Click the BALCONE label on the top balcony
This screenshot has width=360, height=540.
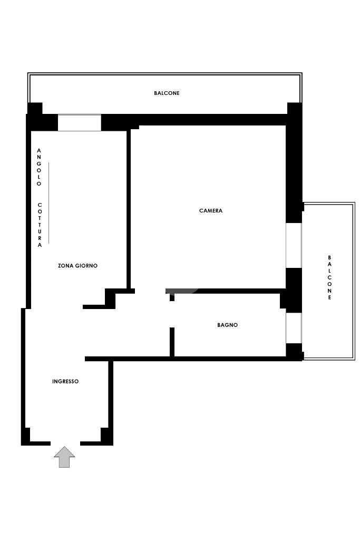pos(167,93)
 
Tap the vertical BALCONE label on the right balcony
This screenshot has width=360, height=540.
pos(329,277)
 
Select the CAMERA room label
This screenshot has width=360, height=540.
pos(211,210)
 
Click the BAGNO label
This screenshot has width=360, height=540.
pos(228,325)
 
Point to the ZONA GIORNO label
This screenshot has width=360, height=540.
pos(77,266)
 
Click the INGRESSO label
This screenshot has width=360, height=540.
pos(65,381)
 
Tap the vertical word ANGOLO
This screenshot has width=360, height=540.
pos(39,167)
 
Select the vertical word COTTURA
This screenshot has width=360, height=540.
pos(40,225)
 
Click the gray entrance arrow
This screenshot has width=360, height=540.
pos(64,457)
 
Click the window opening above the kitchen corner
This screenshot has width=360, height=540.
pos(80,122)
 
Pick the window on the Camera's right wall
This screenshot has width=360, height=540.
pos(294,245)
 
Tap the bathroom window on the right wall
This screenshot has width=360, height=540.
pos(294,328)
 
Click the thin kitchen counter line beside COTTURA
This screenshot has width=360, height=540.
pos(48,203)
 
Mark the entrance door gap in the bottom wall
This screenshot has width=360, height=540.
pos(65,443)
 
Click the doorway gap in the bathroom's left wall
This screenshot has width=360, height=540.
pos(172,314)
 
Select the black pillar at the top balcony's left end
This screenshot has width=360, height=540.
pos(35,108)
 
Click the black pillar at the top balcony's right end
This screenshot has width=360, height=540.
pos(295,108)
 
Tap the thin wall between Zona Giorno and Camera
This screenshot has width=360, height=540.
pos(129,209)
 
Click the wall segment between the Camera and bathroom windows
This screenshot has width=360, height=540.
pos(293,290)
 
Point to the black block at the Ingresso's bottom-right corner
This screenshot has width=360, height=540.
pos(106,436)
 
